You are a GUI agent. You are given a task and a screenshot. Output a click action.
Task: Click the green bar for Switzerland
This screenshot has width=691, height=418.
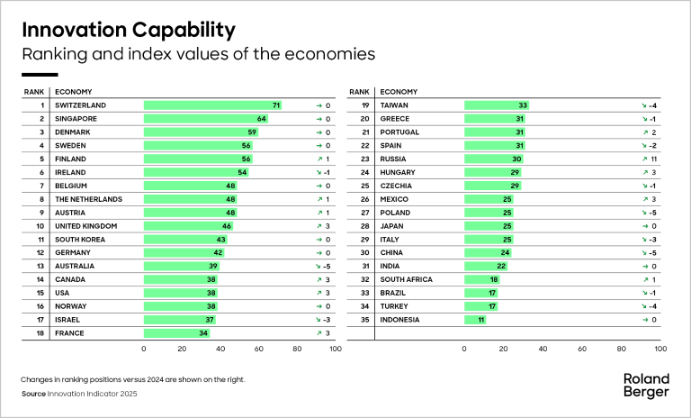tap(213, 105)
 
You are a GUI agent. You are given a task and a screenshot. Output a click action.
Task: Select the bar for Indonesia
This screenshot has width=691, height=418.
tap(475, 319)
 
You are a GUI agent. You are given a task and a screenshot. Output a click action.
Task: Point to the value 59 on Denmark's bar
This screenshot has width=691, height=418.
tap(253, 132)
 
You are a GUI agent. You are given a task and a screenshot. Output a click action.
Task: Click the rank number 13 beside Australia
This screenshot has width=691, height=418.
tap(40, 266)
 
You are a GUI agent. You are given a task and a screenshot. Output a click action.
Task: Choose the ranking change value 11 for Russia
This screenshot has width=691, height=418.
tap(654, 159)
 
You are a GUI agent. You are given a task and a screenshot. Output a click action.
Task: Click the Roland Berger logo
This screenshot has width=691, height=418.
tap(646, 386)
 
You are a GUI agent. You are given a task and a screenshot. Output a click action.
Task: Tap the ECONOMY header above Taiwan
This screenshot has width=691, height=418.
tap(399, 91)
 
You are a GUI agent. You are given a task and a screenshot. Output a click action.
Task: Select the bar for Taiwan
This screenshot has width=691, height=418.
tap(496, 105)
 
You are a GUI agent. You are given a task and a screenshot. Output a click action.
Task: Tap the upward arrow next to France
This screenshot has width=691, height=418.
tap(319, 332)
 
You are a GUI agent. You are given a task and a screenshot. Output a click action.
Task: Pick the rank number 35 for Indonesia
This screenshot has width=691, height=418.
tap(365, 319)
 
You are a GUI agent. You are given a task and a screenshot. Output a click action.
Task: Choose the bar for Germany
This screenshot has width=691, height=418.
tap(184, 252)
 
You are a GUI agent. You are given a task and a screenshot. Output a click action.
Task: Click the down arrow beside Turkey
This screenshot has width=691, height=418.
tap(644, 305)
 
